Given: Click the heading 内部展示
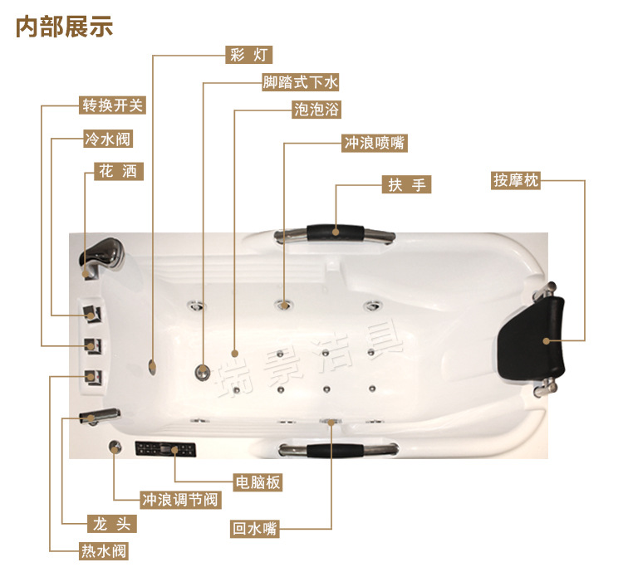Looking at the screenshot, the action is (64, 27).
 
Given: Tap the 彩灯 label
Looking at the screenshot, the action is (249, 55).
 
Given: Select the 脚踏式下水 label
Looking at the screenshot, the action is (301, 82).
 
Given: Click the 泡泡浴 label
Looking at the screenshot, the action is (316, 110).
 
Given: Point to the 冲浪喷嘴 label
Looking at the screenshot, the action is (375, 143).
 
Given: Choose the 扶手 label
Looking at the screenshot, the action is (406, 184).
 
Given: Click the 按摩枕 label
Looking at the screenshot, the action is (516, 180).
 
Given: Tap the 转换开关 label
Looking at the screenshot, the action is (112, 105).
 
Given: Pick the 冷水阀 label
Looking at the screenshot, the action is (108, 139).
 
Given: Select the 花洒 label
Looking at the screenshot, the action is (119, 172).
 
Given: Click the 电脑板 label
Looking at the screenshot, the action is (258, 482).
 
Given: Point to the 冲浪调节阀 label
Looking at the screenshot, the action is (180, 500).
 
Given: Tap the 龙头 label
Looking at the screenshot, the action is (111, 524).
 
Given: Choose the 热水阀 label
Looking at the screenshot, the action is (104, 551).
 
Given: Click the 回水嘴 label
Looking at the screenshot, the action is (255, 529).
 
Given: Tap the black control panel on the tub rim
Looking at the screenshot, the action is (165, 449).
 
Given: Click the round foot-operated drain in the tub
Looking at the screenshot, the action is (202, 372).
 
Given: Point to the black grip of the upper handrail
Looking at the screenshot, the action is (336, 232).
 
